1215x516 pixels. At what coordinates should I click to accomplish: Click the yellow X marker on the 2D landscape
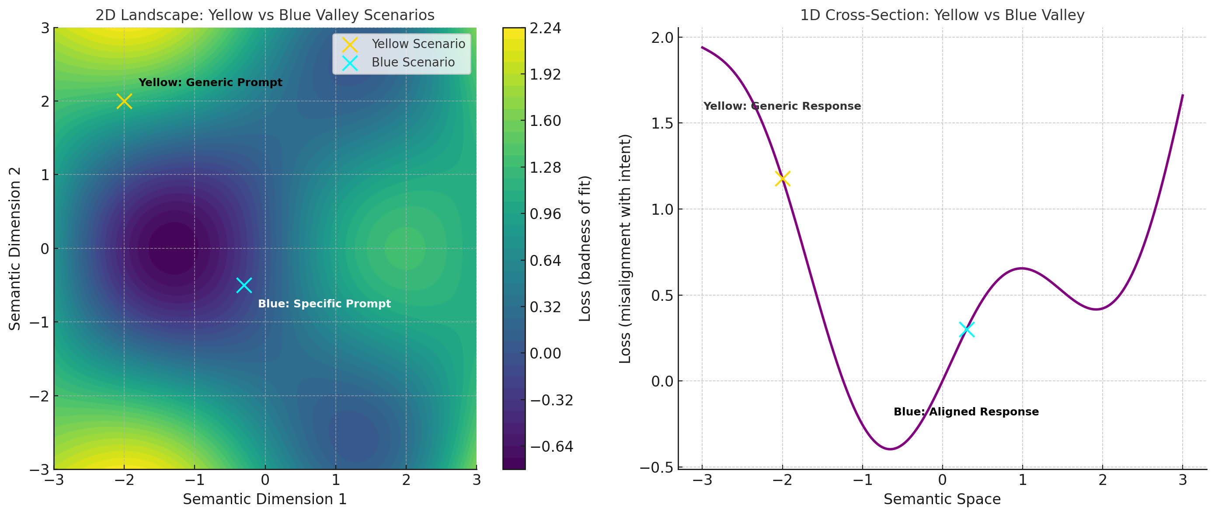click(124, 101)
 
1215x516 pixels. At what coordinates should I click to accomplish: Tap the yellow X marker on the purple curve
click(782, 179)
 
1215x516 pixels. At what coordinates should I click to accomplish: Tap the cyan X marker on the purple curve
click(966, 329)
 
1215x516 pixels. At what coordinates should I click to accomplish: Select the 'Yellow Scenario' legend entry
click(418, 44)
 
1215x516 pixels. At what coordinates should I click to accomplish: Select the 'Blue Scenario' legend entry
click(413, 62)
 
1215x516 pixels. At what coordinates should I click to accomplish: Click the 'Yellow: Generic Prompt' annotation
click(210, 83)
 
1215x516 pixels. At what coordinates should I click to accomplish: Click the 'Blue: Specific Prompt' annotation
click(324, 304)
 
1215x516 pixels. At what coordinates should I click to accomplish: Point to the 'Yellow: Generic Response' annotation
click(782, 106)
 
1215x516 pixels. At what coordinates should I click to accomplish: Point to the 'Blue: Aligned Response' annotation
click(966, 412)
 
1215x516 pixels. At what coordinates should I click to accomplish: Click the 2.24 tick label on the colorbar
click(545, 28)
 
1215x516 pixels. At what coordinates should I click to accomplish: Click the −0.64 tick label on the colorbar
click(551, 446)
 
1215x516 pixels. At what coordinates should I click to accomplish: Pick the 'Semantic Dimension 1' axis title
click(265, 499)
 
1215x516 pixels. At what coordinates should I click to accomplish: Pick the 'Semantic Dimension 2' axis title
click(15, 248)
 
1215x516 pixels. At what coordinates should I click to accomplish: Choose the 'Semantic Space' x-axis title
click(942, 499)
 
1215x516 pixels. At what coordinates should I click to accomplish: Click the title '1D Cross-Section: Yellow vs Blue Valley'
click(942, 15)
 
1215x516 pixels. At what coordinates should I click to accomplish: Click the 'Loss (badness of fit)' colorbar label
click(585, 248)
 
